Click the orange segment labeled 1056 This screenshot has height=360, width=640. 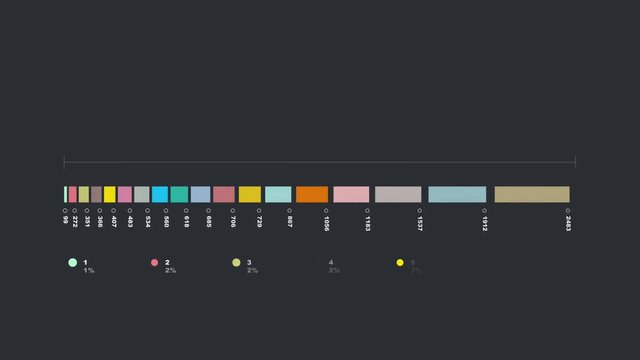312,194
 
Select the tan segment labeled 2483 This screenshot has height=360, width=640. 532,194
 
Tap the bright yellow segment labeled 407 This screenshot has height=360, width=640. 110,194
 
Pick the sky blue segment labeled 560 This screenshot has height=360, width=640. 160,194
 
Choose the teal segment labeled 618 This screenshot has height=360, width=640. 179,194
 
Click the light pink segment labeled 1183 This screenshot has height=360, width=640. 351,194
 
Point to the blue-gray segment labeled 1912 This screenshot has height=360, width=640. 457,194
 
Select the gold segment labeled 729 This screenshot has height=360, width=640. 250,194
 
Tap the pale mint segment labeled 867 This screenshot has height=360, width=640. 278,194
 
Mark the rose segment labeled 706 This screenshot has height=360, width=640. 224,194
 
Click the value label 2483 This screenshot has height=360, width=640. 568,220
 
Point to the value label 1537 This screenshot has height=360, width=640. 420,219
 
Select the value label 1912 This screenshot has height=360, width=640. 485,219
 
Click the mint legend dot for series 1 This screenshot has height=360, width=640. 72,263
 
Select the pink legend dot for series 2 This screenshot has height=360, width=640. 154,263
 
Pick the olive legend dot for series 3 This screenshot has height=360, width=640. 236,263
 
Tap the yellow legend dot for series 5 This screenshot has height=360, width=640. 400,263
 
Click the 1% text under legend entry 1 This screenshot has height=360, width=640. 89,271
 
